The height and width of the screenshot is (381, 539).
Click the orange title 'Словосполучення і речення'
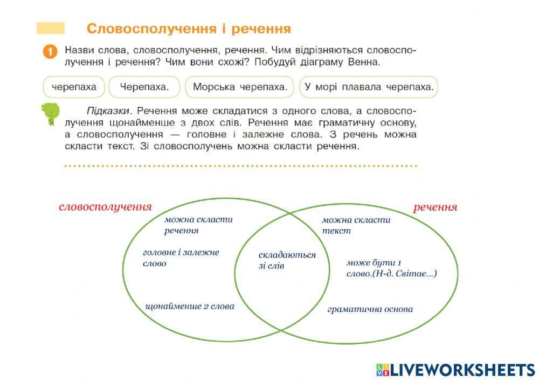coord(189,28)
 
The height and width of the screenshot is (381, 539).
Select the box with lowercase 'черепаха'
coord(74,87)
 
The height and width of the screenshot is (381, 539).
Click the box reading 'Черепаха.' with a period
coord(144,87)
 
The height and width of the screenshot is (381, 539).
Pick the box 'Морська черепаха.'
coord(239,87)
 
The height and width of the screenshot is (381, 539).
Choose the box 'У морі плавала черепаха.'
coord(369,87)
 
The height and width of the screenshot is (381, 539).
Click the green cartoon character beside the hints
coord(50,114)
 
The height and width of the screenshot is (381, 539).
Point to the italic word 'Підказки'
coord(108,110)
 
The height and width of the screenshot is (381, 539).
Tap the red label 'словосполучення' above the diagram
coord(105,207)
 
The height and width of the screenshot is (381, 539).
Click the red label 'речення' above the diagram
coord(435,207)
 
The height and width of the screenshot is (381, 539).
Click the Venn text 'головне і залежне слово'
coord(181,258)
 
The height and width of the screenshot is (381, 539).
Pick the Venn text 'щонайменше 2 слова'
coord(190,306)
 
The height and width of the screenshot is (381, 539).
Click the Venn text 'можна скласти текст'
coord(356,225)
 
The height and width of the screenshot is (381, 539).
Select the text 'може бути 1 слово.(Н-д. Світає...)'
coord(391,268)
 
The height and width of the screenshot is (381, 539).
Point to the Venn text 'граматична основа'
coord(370,309)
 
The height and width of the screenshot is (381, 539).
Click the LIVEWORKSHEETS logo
coord(455,369)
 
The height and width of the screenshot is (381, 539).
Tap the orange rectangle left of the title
coord(50,28)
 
